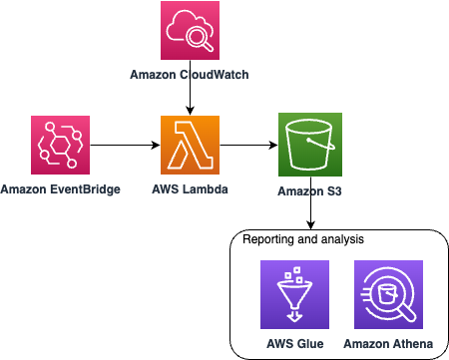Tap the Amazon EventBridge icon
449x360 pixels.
tap(62, 147)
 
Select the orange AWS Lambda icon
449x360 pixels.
tap(190, 146)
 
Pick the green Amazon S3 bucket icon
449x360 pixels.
tap(310, 147)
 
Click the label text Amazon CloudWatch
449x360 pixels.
tap(190, 75)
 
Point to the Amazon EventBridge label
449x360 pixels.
tap(62, 189)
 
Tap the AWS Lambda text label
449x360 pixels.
tap(190, 189)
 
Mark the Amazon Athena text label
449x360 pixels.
tap(386, 343)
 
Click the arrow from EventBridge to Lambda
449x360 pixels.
tap(125, 147)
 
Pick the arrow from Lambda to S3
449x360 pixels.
tap(249, 147)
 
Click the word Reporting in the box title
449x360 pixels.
tap(267, 240)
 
